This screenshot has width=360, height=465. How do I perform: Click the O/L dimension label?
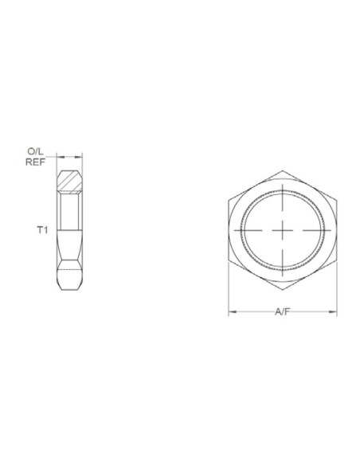(x=34, y=150)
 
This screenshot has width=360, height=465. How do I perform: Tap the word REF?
(x=34, y=161)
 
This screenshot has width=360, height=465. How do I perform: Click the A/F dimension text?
(x=283, y=313)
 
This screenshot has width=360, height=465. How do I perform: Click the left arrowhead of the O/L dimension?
(x=59, y=157)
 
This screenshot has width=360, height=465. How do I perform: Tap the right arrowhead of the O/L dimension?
(x=83, y=157)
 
